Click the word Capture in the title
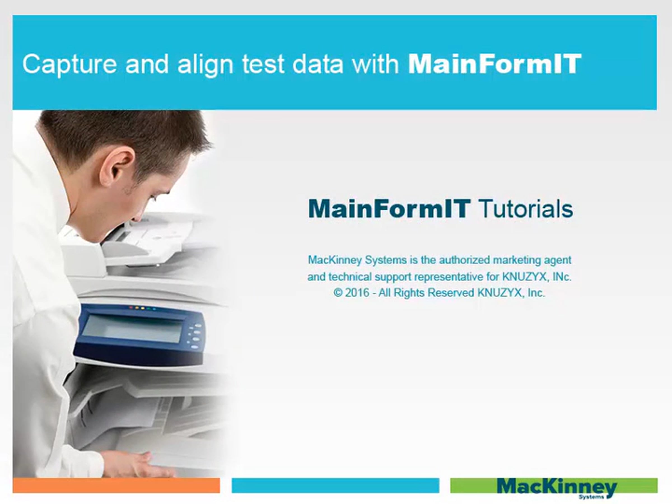point(69,64)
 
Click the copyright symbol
point(338,293)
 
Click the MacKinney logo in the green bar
point(557,488)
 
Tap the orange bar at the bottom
point(116,485)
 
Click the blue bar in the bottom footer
point(335,485)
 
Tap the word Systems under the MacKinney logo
point(591,497)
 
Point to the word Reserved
point(451,293)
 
